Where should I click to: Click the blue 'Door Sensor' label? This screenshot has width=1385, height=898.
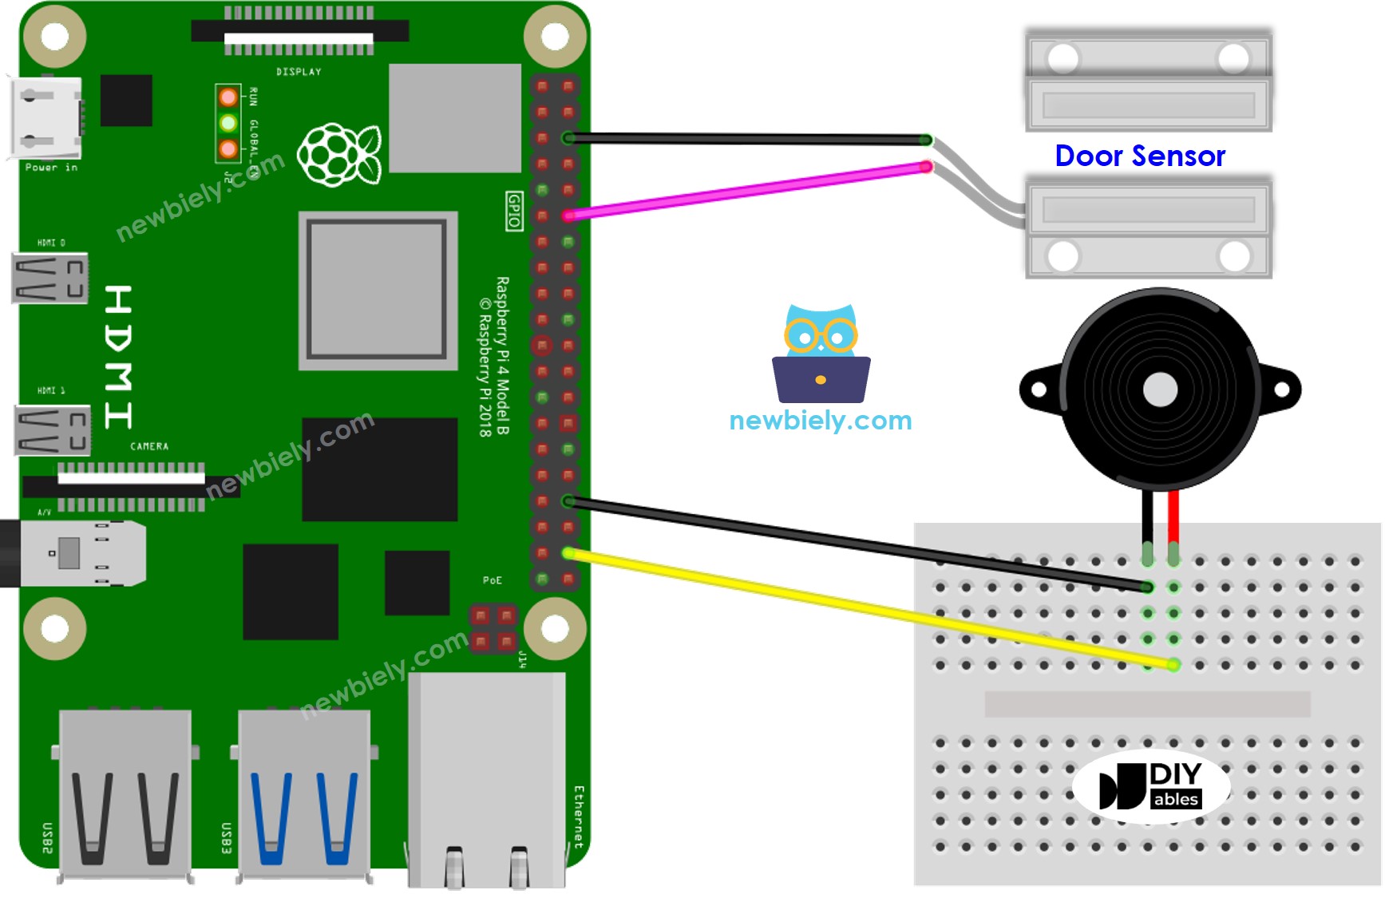click(x=1139, y=156)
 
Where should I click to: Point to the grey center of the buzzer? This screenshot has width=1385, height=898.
click(x=1159, y=390)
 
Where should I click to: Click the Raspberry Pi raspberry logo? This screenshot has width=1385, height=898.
click(x=339, y=155)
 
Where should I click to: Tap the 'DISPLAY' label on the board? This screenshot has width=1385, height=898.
click(x=299, y=72)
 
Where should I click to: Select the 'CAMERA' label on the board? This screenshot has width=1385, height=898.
click(x=149, y=446)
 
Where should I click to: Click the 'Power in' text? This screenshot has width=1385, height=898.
click(x=51, y=168)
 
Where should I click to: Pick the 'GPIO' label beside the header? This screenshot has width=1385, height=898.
click(x=514, y=212)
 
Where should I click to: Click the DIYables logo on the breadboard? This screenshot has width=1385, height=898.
click(x=1150, y=786)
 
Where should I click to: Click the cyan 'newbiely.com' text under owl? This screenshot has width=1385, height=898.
click(x=820, y=420)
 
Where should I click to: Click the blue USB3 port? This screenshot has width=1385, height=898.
click(x=304, y=794)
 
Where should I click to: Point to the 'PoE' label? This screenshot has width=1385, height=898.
click(x=493, y=580)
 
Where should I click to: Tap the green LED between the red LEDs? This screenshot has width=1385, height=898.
click(x=228, y=123)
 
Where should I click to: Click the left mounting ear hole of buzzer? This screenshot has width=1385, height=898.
click(x=1039, y=390)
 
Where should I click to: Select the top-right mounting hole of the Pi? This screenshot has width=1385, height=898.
click(x=555, y=36)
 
